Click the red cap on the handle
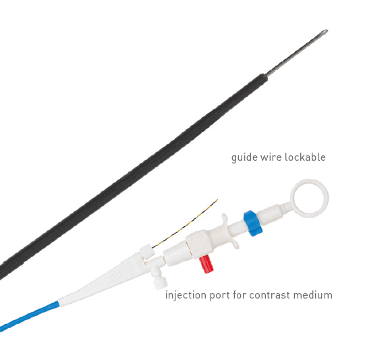pos(206,264)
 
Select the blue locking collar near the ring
pos(253,223)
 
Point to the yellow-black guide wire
pos(186,224)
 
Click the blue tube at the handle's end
pos(29,316)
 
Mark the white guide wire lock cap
pos(147,251)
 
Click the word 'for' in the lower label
pos(240,295)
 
